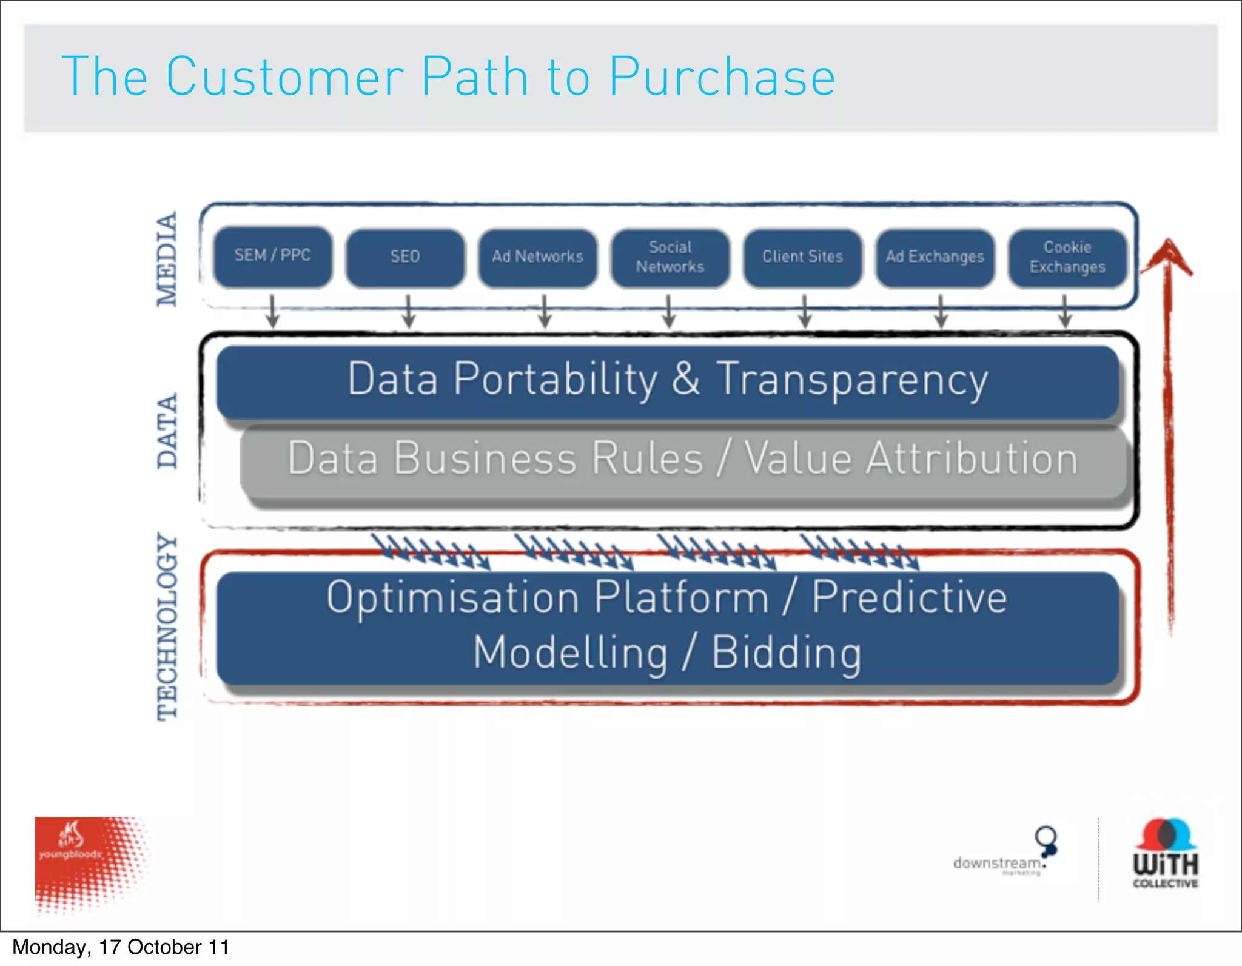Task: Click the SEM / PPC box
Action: point(273,256)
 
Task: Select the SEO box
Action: point(405,257)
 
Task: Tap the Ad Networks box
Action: point(537,257)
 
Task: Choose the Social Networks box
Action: point(670,257)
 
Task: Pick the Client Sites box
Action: point(802,257)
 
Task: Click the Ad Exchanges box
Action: point(935,257)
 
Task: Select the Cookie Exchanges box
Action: point(1067,257)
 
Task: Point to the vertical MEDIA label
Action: point(167,259)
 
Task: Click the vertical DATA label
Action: point(167,431)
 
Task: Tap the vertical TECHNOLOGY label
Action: point(167,626)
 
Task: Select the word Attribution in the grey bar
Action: point(972,458)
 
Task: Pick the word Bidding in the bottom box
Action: point(786,653)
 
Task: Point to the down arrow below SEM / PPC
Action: point(273,312)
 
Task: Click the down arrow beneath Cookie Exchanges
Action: point(1065,312)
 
